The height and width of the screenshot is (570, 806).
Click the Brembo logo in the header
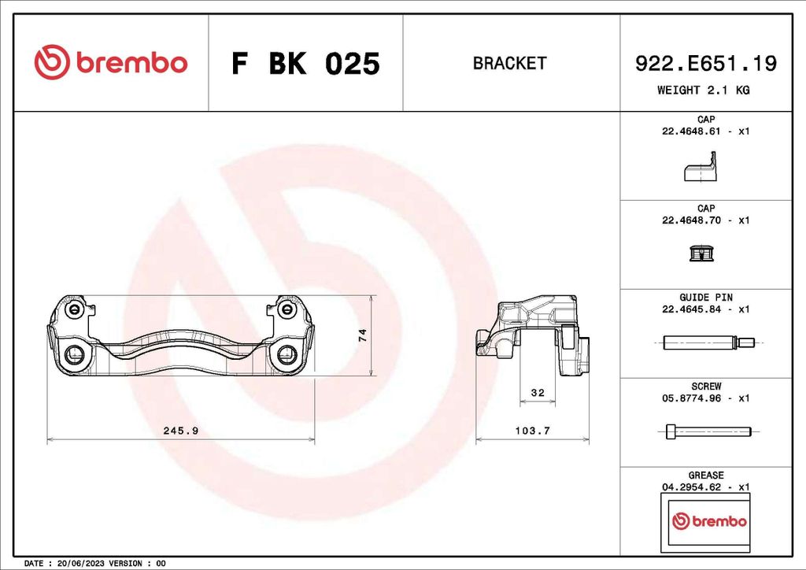tap(111, 63)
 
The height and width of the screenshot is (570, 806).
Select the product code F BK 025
tap(305, 64)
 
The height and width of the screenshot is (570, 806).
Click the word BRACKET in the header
tap(509, 64)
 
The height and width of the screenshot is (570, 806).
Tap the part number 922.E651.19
tap(705, 64)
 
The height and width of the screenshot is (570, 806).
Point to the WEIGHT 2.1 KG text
tap(703, 90)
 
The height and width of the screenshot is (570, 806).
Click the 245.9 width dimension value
tap(180, 431)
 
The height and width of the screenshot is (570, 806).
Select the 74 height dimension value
tap(363, 335)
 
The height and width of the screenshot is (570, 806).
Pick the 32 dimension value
tap(538, 392)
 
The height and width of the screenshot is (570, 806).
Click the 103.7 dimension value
tap(532, 431)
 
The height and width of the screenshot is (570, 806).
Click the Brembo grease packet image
tap(705, 521)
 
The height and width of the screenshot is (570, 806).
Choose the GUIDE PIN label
tap(705, 298)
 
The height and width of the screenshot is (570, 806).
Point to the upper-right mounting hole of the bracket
tap(287, 309)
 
